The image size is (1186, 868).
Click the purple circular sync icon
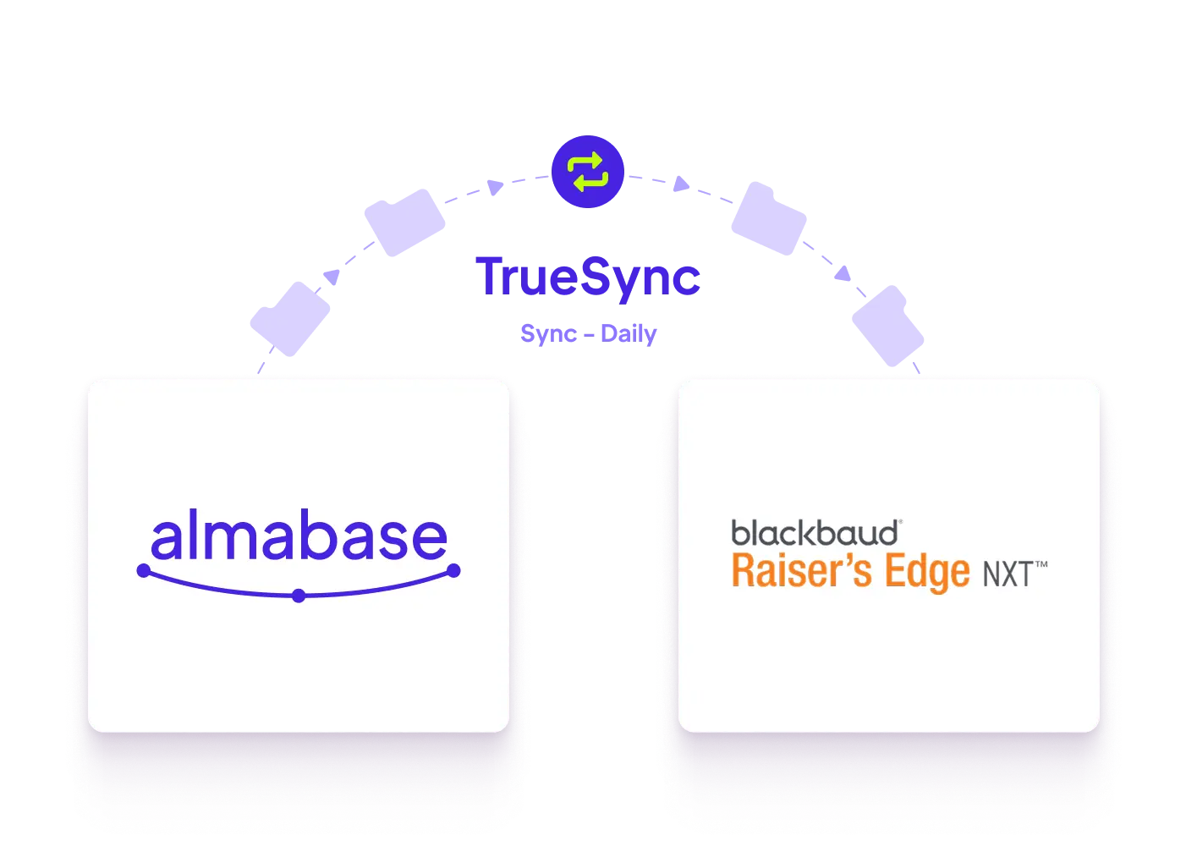588,172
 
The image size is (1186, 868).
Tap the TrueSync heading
588,278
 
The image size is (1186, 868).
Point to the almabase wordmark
299,534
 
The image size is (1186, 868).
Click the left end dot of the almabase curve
144,571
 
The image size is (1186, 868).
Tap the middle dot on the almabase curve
299,596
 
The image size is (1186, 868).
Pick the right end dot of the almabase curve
453,571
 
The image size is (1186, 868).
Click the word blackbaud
815,532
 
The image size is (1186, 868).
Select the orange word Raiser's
802,570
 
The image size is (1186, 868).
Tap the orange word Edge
928,573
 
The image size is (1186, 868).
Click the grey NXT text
1008,574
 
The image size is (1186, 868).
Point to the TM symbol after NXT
1041,564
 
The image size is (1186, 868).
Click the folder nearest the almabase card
290,319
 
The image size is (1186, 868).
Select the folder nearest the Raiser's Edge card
888,326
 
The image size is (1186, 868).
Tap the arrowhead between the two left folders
332,277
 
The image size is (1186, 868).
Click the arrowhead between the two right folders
843,273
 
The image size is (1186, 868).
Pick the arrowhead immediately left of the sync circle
495,188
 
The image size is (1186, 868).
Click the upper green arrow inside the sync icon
585,162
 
